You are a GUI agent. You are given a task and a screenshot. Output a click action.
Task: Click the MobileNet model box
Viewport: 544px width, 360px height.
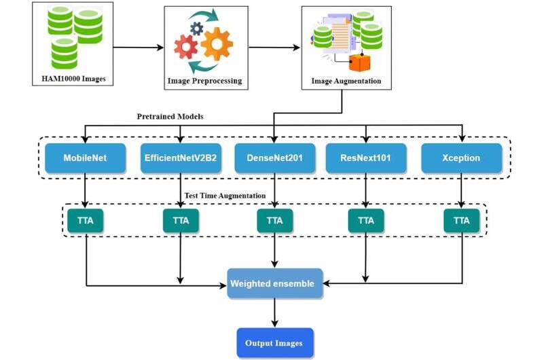tap(86, 158)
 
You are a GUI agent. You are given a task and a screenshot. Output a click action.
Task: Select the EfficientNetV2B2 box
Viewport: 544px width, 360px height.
tap(181, 158)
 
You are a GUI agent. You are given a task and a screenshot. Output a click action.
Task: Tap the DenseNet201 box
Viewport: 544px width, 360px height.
tap(274, 158)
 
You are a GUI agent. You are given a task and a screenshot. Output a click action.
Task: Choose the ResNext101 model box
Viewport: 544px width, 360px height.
tap(366, 158)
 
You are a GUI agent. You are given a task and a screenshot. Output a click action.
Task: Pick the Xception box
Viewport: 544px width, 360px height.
tap(461, 158)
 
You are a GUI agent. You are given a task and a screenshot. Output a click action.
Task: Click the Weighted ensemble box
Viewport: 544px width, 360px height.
tap(274, 283)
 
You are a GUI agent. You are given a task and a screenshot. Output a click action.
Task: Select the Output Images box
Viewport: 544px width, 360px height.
tap(274, 342)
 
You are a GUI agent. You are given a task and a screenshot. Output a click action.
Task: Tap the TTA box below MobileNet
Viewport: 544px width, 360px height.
tap(86, 220)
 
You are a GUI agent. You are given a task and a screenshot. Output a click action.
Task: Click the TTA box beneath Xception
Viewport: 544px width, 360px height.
tap(461, 220)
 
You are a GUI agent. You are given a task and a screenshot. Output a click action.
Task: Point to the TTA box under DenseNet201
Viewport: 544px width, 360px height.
tap(274, 220)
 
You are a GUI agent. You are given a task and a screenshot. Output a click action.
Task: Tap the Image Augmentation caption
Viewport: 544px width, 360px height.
tap(346, 81)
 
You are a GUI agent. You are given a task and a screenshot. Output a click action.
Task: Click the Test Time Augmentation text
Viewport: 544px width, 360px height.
tap(224, 196)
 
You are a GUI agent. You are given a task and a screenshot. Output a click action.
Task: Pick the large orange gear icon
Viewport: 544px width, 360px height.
tap(217, 43)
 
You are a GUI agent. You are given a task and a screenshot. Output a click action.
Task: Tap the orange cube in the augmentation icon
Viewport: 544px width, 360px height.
tap(359, 62)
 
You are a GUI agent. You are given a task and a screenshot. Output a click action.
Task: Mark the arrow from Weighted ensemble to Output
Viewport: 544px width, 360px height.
tap(274, 314)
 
